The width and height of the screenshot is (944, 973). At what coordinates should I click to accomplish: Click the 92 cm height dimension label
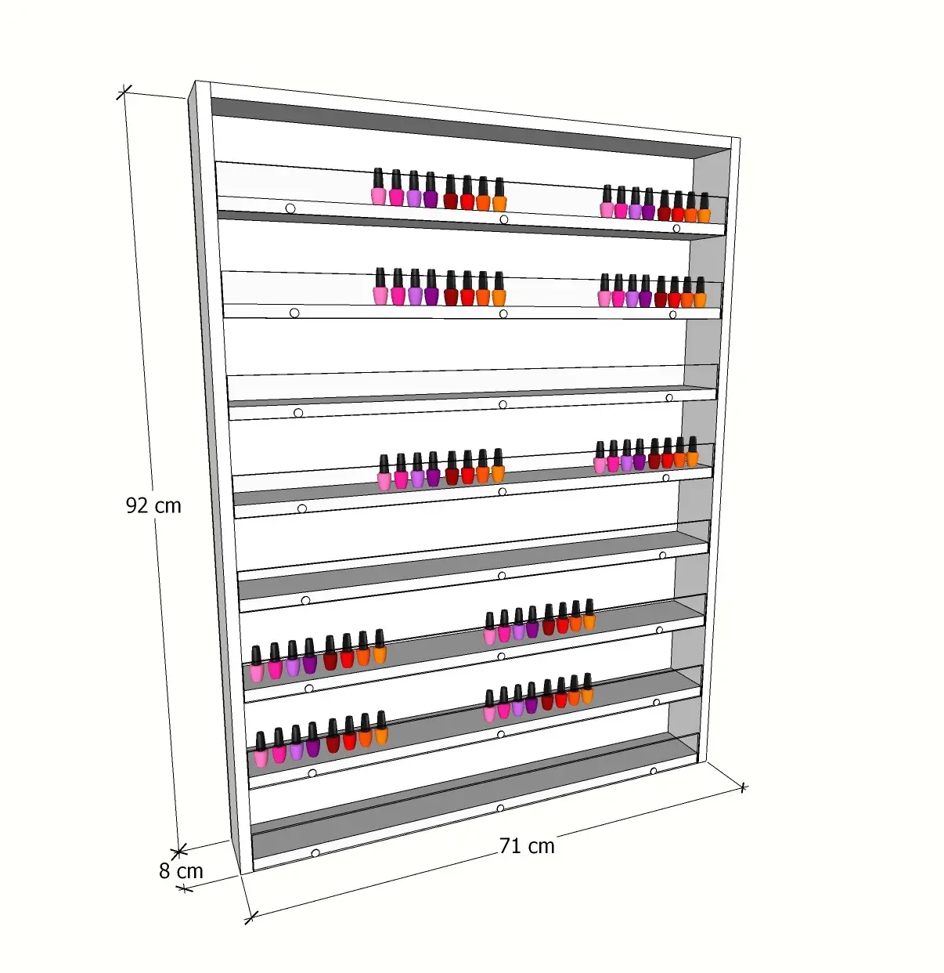[x=153, y=505]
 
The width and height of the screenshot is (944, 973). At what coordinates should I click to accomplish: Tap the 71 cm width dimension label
[x=527, y=846]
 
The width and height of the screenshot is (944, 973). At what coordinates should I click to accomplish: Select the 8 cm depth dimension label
[x=181, y=871]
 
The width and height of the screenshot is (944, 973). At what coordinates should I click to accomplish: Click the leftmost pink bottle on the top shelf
[x=378, y=186]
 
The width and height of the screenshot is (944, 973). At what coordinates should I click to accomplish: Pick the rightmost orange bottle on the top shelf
[x=704, y=208]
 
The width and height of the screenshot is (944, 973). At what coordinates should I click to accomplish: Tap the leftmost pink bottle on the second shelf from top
[x=380, y=286]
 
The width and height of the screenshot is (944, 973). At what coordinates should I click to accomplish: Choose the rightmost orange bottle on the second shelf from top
[x=700, y=292]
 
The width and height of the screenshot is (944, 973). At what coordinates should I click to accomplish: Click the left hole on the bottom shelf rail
[x=315, y=853]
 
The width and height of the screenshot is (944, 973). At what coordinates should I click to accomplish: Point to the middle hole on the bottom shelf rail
[x=500, y=808]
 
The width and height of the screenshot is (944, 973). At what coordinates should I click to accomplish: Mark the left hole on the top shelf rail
[x=290, y=208]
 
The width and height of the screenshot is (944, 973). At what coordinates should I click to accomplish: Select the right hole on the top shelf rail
[x=676, y=229]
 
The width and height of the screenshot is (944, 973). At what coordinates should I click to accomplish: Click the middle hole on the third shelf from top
[x=503, y=404]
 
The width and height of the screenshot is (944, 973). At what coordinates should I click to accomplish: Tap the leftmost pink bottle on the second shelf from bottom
[x=260, y=749]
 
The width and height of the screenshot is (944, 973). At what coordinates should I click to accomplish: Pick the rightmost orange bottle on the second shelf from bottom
[x=587, y=688]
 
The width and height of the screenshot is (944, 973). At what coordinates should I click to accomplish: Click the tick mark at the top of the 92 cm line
[x=124, y=92]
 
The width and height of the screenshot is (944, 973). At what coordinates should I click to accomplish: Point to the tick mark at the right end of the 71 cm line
[x=743, y=787]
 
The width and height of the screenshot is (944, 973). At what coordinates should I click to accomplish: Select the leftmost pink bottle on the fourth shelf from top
[x=384, y=472]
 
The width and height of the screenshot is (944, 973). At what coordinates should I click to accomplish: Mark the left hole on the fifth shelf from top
[x=306, y=600]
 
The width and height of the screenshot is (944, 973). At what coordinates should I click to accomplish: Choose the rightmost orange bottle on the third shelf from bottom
[x=589, y=614]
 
